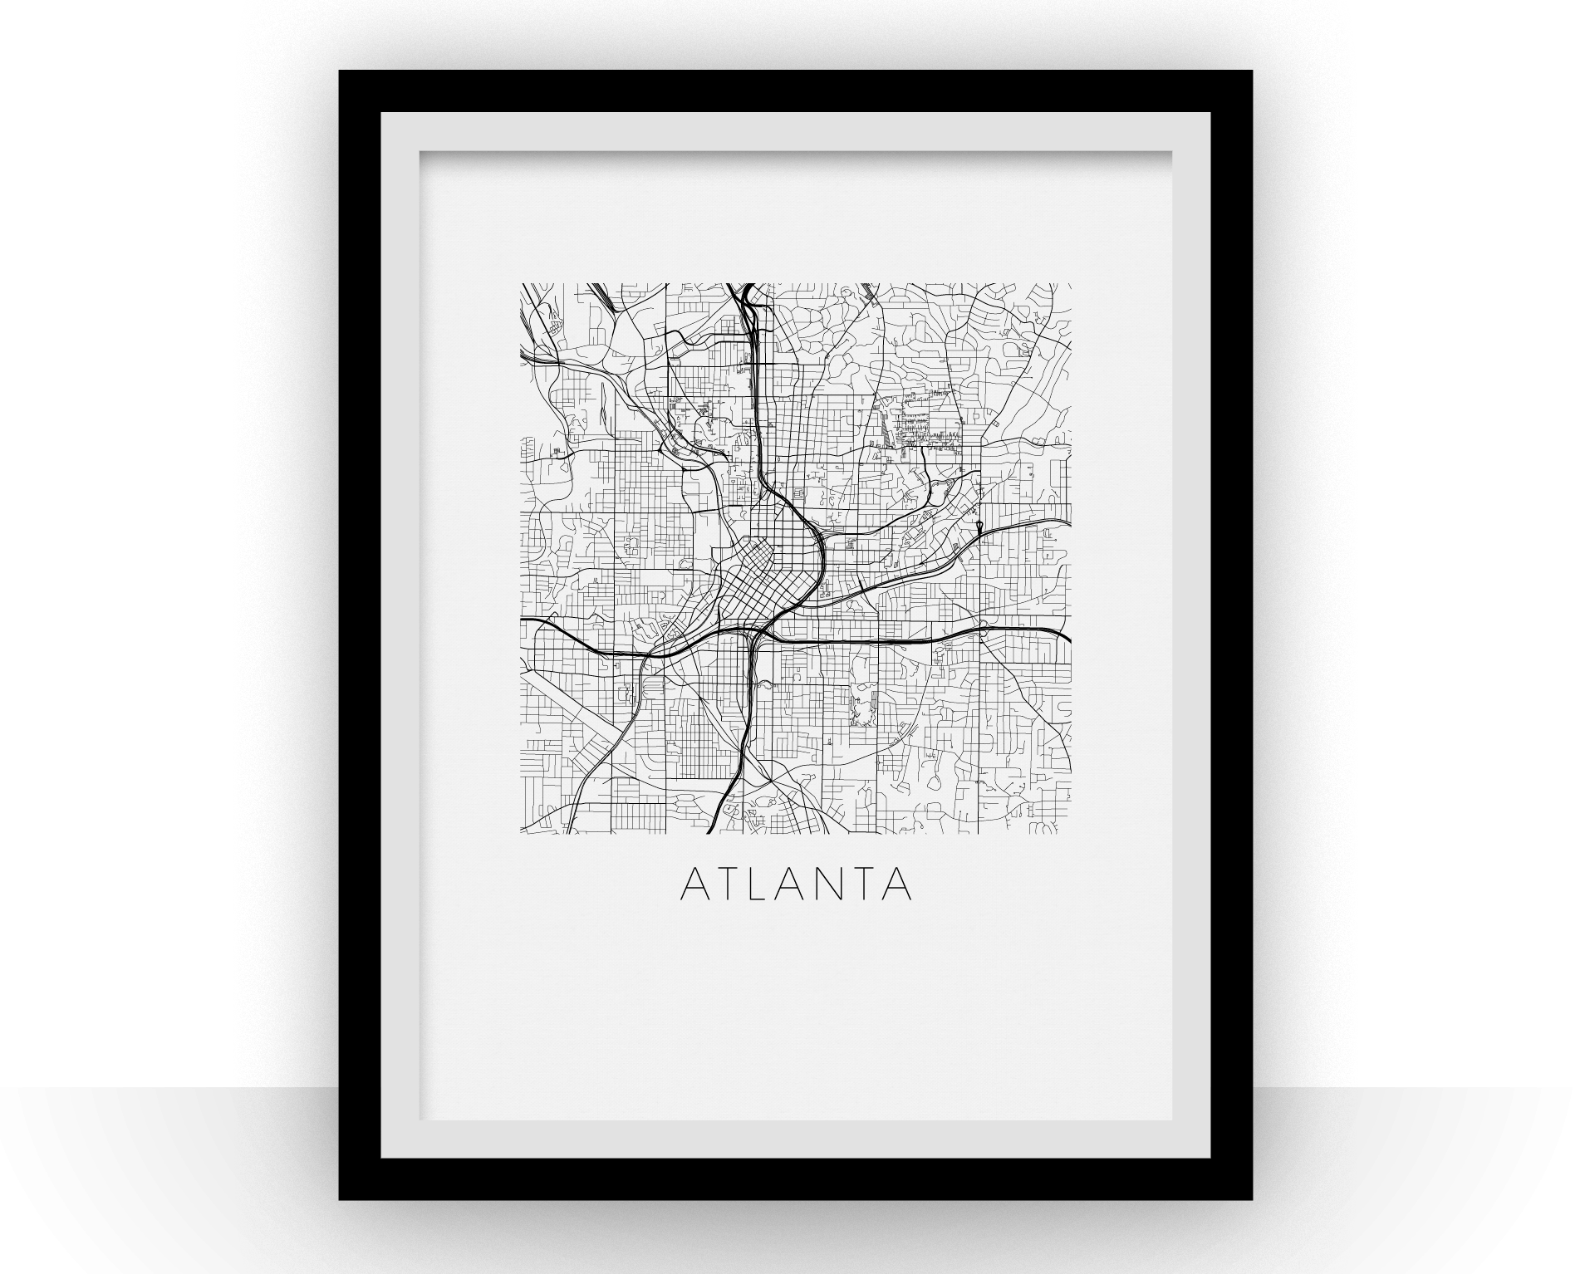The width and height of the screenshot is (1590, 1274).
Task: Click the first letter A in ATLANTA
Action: [694, 885]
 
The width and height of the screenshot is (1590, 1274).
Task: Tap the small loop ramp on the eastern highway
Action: [980, 527]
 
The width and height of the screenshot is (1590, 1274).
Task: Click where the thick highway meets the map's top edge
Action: [747, 286]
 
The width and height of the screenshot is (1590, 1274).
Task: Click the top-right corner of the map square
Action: [1070, 284]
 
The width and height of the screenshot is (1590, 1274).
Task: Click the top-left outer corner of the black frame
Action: [340, 71]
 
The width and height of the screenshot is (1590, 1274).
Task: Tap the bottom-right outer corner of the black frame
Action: [1251, 1199]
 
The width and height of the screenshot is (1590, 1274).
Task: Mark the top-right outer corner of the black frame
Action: [1251, 71]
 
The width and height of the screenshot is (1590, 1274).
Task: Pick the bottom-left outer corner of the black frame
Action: [340, 1199]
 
